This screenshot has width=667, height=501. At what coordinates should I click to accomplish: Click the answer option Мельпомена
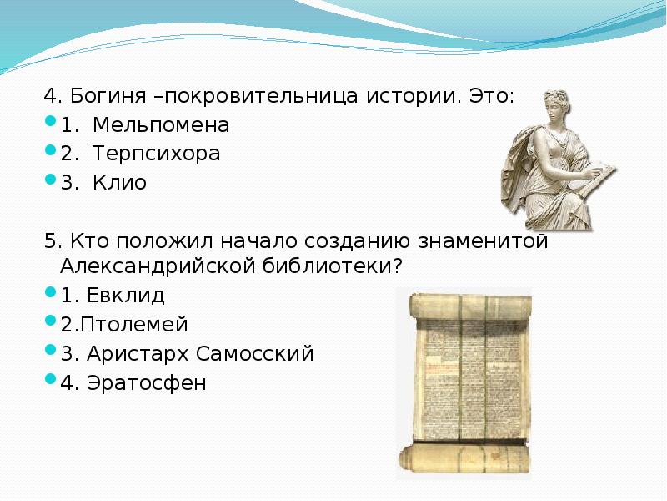click(160, 125)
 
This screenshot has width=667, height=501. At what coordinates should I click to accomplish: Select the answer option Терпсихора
click(157, 154)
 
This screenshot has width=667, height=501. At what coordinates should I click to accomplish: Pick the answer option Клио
click(119, 183)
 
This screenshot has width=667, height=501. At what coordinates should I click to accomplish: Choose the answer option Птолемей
click(133, 324)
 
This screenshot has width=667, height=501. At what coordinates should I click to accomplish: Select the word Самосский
click(255, 353)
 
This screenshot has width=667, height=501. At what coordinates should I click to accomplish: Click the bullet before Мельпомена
click(50, 124)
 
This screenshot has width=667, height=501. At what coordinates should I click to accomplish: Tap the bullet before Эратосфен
click(50, 382)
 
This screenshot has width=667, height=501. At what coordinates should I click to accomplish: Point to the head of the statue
click(552, 105)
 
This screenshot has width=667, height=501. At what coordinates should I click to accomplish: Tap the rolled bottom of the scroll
click(463, 458)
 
